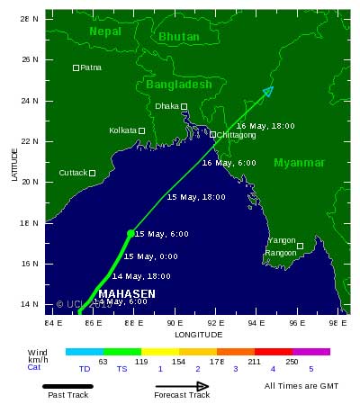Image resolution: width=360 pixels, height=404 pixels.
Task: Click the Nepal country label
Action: [x=105, y=31]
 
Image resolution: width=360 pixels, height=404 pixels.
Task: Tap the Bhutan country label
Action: [x=178, y=37]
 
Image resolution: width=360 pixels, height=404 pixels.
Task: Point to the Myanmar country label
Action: [x=299, y=163]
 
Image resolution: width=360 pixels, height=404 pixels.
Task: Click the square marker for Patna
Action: [x=76, y=67]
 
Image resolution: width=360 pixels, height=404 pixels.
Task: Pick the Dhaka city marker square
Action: [x=184, y=106]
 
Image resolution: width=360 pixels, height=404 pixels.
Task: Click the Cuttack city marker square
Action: [x=92, y=173]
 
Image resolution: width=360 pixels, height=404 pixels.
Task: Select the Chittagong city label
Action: [x=236, y=135]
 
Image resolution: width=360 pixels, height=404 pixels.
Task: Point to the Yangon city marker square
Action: [x=301, y=245]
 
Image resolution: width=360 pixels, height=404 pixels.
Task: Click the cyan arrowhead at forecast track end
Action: [x=268, y=90]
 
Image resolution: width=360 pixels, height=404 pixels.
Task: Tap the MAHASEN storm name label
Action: [x=126, y=294]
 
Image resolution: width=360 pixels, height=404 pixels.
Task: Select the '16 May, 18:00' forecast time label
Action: [x=265, y=126]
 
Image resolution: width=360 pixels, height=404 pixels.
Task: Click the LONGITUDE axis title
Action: [x=198, y=335]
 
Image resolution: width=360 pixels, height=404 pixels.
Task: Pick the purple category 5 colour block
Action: [x=311, y=352]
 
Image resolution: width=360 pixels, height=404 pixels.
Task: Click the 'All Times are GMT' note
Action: [x=301, y=386]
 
